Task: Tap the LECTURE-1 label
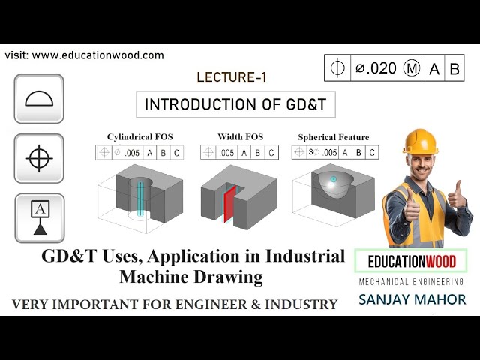click(231, 76)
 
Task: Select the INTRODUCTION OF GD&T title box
click(235, 104)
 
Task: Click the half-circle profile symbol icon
click(39, 99)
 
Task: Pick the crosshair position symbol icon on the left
click(39, 158)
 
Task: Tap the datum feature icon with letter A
click(39, 217)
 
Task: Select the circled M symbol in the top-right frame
click(412, 68)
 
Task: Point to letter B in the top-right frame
click(454, 68)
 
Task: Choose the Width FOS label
click(240, 137)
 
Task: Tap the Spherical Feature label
click(334, 137)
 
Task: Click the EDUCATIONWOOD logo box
click(411, 261)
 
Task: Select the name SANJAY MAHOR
click(412, 299)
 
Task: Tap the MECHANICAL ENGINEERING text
click(412, 282)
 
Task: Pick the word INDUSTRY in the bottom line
click(298, 304)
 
